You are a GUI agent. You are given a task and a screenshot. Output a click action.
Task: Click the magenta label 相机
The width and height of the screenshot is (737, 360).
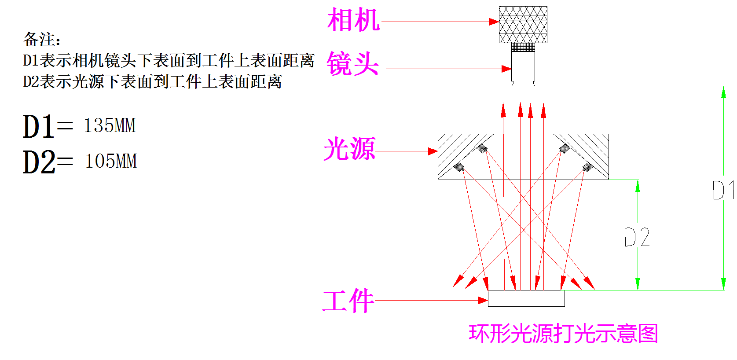[x=353, y=20]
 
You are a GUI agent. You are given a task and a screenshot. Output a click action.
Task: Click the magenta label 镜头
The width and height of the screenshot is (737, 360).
[x=352, y=64]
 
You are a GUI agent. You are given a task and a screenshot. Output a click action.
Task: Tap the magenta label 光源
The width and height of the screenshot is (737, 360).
[x=349, y=149]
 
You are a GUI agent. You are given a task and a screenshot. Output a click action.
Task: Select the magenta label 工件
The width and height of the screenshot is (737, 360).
[x=348, y=301]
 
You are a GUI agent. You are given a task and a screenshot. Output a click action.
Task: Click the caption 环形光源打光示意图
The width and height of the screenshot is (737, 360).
[x=563, y=334]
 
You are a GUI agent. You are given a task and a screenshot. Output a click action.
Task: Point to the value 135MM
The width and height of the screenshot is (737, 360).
[x=110, y=125]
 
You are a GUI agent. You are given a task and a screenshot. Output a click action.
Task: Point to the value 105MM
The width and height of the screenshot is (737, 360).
[x=111, y=161]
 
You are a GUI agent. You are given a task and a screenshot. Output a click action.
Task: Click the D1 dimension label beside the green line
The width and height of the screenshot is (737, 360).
[x=722, y=190]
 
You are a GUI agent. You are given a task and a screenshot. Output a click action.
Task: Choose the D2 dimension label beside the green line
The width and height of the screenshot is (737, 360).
[x=637, y=237]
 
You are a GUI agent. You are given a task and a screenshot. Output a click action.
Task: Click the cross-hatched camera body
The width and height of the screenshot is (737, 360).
[x=523, y=25]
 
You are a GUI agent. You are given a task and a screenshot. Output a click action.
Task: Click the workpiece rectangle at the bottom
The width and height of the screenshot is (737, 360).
[x=526, y=298]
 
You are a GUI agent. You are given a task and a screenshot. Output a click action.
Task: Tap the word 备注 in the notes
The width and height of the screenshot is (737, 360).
[x=39, y=40]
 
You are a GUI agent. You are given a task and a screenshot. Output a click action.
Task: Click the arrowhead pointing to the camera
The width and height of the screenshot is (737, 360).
[x=494, y=22]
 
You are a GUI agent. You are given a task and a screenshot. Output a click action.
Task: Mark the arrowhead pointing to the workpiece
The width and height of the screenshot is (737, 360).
[x=483, y=301]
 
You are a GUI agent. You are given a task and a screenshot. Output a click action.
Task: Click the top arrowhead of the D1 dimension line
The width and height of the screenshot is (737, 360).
[x=723, y=92]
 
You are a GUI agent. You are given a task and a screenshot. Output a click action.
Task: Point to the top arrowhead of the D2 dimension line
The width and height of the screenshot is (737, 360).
[x=638, y=186]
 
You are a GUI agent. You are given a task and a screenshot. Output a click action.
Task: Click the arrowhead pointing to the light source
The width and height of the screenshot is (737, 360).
[x=433, y=151]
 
